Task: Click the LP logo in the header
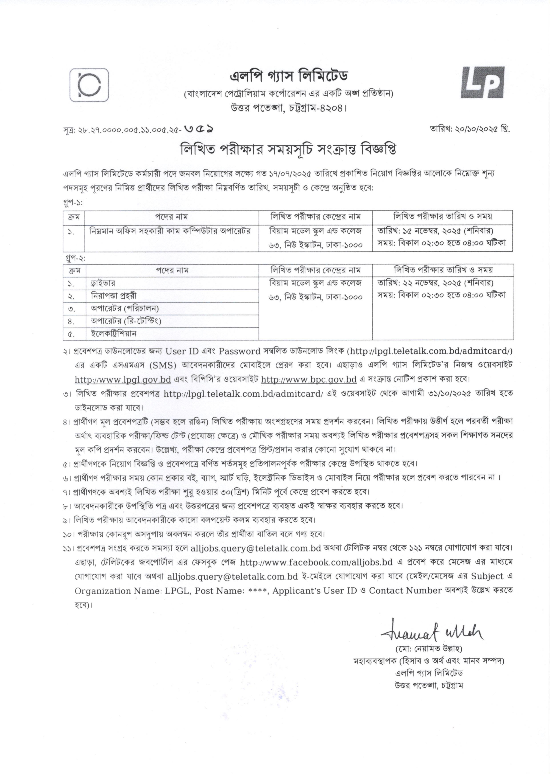coord(482,83)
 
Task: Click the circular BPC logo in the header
coord(89,85)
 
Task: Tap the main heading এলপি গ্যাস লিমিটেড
coord(289,76)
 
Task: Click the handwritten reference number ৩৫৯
coord(200,130)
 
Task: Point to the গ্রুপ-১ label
coord(73,203)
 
